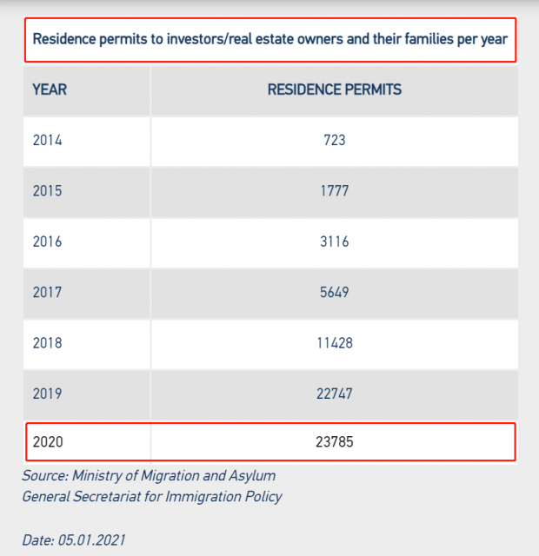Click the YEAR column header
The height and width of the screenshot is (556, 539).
50,89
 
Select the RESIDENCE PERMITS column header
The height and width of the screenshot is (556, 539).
334,89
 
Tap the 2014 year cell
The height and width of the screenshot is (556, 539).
48,140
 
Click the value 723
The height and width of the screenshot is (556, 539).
334,140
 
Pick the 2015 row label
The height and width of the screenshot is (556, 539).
48,191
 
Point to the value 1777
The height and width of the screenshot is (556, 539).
334,191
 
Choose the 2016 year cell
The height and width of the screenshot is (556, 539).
48,242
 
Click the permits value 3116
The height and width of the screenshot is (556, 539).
334,242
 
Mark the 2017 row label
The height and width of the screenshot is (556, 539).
48,293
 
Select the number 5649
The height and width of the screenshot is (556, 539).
334,293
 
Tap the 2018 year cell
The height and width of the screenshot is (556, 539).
48,343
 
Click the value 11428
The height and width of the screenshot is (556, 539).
334,343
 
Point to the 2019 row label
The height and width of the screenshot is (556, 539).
48,394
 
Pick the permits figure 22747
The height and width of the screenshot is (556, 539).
334,394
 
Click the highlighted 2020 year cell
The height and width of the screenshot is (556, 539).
48,442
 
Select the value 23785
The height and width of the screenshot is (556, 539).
334,442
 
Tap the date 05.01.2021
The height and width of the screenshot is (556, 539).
91,539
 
